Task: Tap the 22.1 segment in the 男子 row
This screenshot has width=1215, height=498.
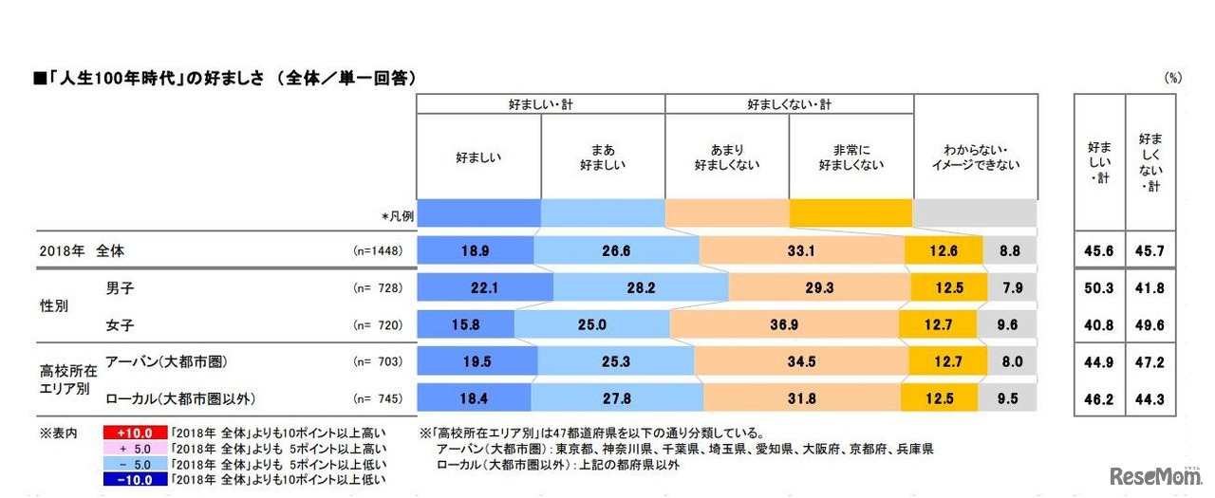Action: pos(485,288)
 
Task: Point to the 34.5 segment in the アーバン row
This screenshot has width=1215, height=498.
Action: pos(800,361)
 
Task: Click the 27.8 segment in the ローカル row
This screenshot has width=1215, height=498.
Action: pos(617,397)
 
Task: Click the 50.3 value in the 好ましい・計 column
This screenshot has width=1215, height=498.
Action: pos(1099,288)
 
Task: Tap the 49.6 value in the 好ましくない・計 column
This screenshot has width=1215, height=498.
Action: pos(1150,325)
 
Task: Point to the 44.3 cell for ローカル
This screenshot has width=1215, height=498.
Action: pos(1150,397)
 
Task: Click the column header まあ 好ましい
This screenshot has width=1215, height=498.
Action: pos(603,157)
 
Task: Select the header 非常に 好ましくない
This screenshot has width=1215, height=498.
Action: pos(850,157)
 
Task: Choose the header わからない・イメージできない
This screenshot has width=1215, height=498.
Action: pos(975,157)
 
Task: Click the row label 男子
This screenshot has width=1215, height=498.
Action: pos(119,286)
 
